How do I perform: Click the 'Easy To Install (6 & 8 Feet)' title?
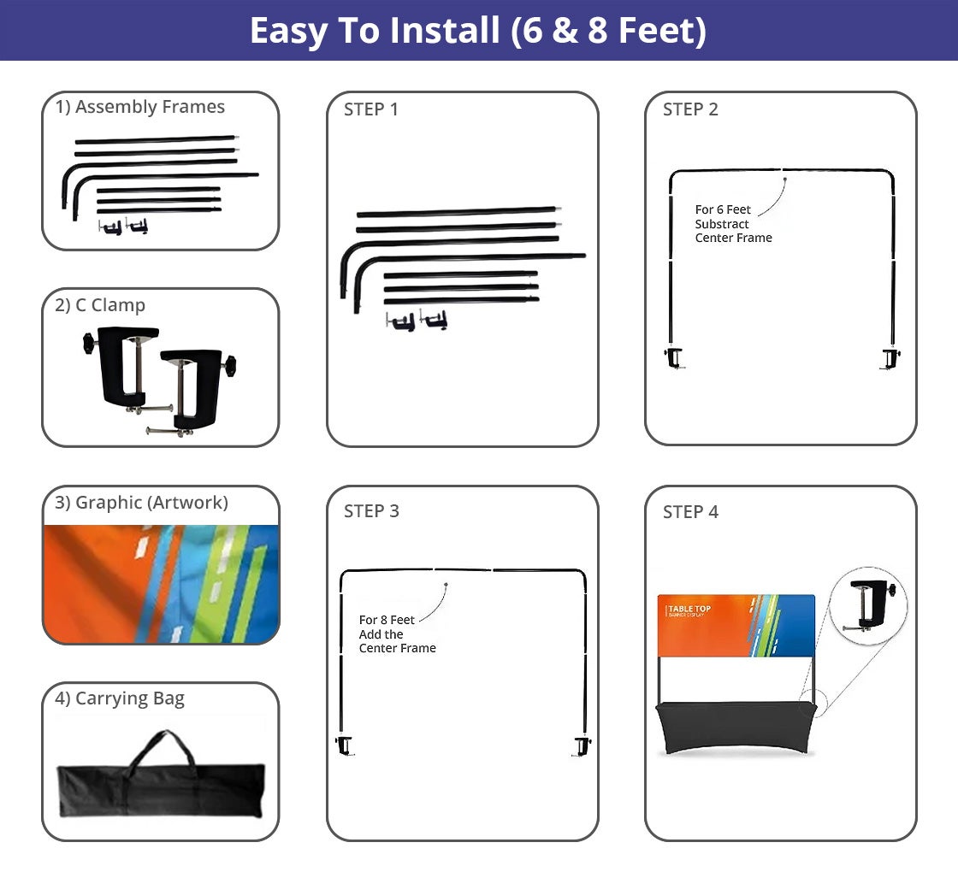477,31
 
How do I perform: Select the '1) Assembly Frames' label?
140,107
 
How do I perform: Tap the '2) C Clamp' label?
100,305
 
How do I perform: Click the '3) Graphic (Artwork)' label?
141,503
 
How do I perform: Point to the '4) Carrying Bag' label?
120,698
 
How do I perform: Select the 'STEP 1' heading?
371,109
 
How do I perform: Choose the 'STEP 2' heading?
690,109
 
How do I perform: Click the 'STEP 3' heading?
371,511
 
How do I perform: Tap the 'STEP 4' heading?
690,512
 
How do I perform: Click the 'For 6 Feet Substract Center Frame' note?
733,224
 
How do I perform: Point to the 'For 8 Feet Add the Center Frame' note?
397,634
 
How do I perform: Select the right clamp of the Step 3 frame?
582,745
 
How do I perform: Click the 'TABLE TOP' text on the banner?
689,609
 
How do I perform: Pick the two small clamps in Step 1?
417,321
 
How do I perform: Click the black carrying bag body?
160,791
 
